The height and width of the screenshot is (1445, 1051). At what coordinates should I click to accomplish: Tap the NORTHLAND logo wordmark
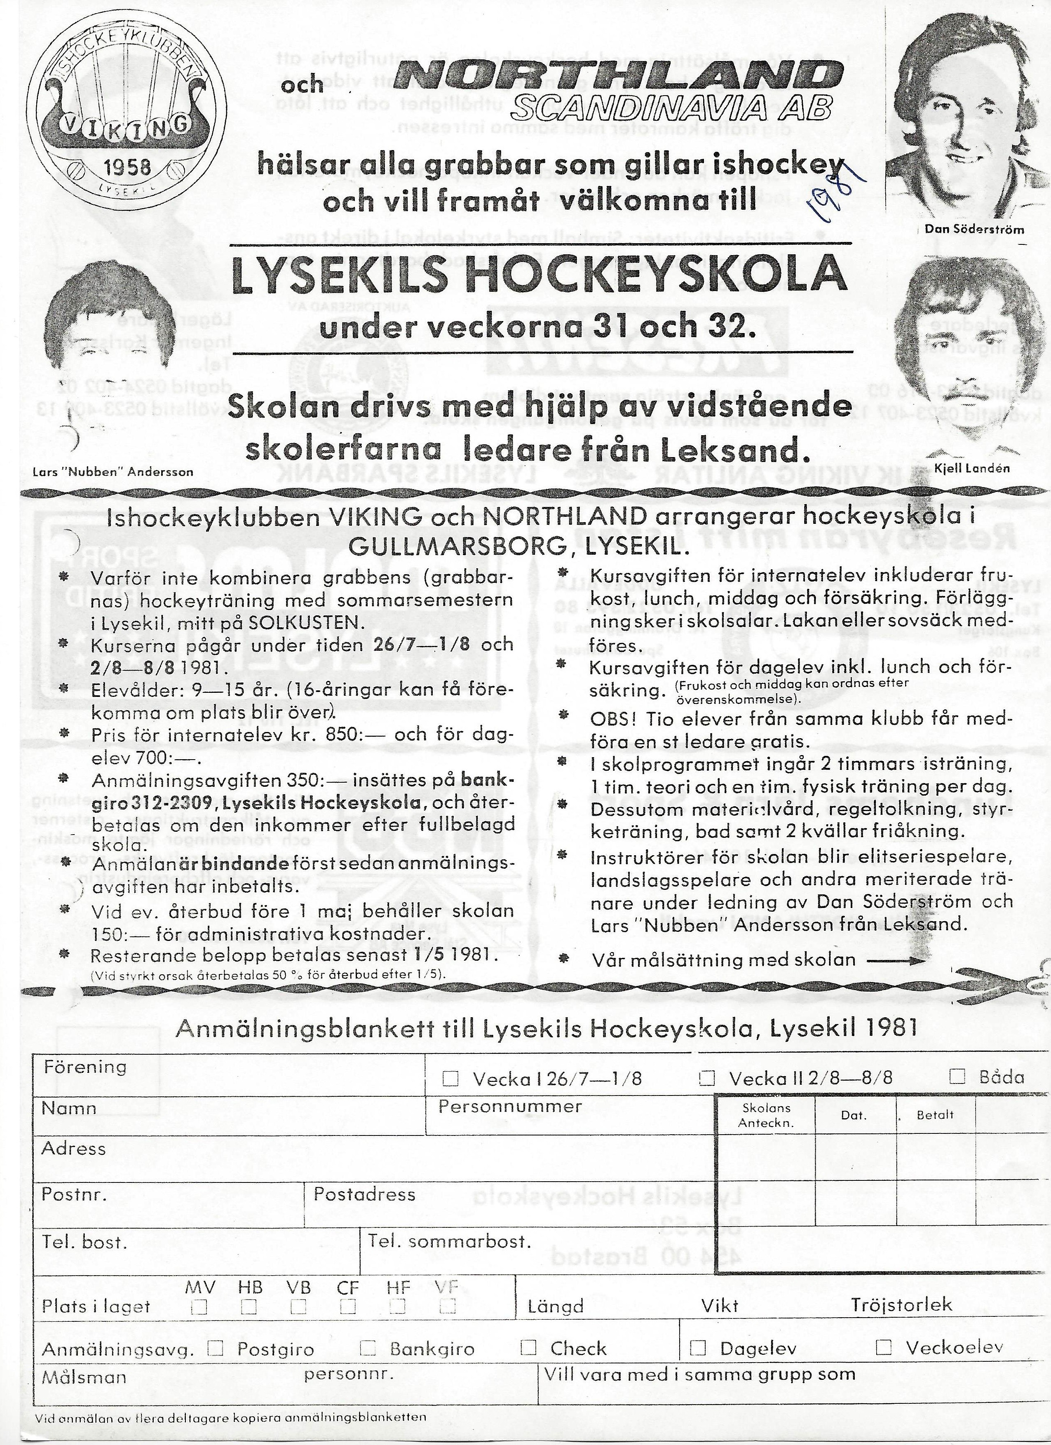[x=615, y=79]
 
